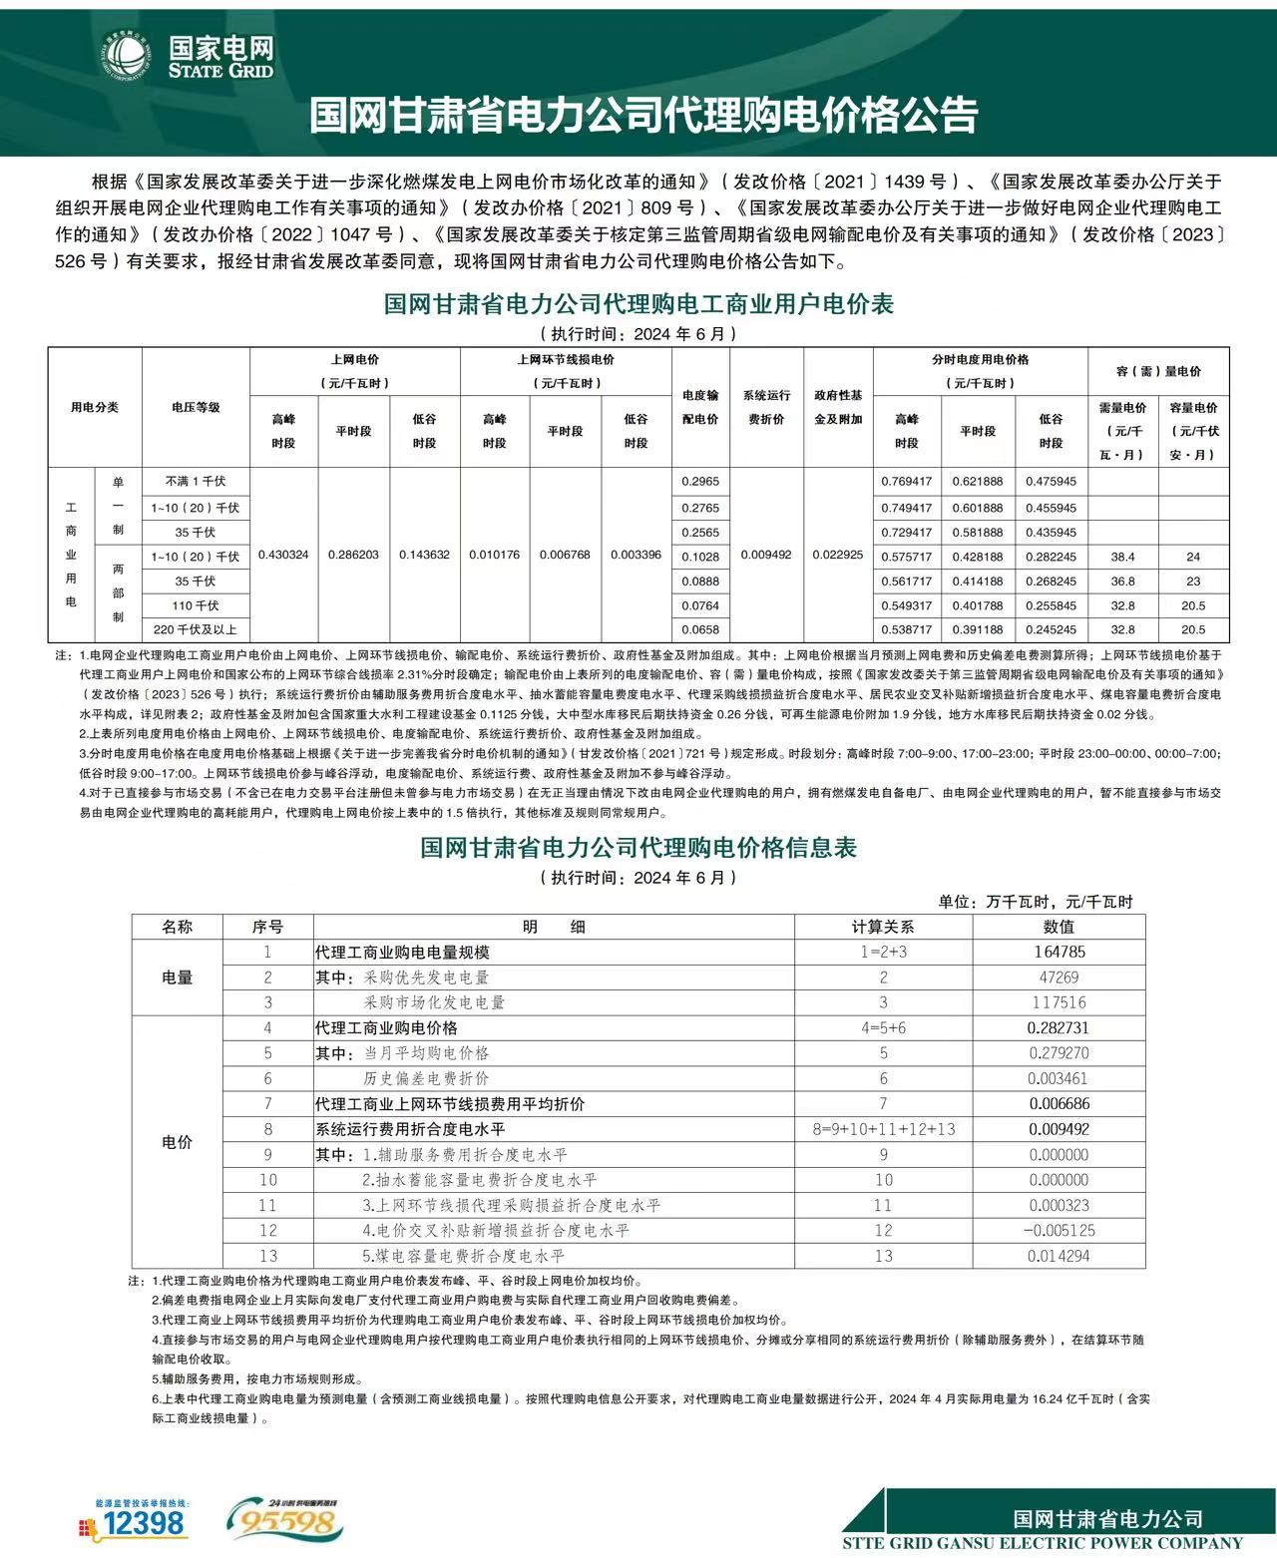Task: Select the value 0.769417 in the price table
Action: click(x=906, y=482)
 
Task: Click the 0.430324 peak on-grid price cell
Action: click(x=283, y=555)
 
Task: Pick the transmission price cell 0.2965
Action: click(x=700, y=482)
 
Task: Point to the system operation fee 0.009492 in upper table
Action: click(x=766, y=555)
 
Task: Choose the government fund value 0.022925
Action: click(x=838, y=555)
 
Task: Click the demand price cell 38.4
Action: click(x=1122, y=557)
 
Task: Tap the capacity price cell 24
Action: click(x=1193, y=557)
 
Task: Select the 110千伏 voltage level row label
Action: click(x=196, y=605)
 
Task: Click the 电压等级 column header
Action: click(x=196, y=407)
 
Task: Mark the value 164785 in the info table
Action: click(x=1059, y=953)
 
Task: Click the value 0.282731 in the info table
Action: click(x=1059, y=1028)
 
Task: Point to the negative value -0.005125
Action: click(x=1059, y=1231)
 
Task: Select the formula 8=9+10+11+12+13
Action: click(x=883, y=1129)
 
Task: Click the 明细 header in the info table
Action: click(x=554, y=927)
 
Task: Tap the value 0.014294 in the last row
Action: click(x=1059, y=1257)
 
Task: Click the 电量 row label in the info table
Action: click(x=177, y=977)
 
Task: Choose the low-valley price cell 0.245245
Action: click(x=1051, y=630)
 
